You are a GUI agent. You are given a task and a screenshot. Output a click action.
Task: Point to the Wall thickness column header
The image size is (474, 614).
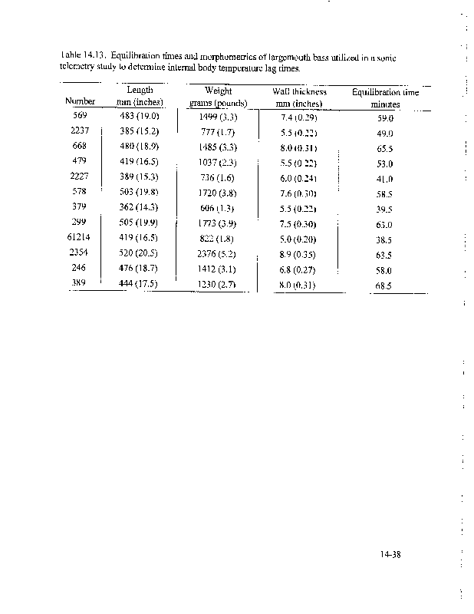coord(299,97)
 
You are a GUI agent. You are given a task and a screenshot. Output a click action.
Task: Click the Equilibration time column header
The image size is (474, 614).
coord(385,97)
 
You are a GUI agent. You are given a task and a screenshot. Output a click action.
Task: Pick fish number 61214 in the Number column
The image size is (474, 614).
coord(79,238)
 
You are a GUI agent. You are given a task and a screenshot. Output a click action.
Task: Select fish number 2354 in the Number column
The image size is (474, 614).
coord(79,253)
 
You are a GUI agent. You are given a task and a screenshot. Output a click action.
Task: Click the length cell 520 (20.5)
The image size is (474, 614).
coord(138,253)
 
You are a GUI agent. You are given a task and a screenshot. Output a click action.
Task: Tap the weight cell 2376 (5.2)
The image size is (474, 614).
coord(218,253)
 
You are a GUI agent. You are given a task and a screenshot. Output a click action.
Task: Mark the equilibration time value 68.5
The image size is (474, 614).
coord(384,286)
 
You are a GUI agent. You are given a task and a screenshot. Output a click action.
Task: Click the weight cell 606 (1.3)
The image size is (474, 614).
coord(218,208)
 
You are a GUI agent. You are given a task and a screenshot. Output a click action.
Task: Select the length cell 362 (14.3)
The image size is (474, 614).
coord(138,208)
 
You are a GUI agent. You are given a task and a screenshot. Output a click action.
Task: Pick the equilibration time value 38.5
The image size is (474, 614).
coord(384,239)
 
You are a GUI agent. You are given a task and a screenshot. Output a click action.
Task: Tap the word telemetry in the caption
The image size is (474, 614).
coord(78,68)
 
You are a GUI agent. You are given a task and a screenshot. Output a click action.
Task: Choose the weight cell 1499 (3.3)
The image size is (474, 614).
coord(218,117)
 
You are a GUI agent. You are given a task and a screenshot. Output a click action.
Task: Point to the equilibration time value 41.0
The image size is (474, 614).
coord(384,179)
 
